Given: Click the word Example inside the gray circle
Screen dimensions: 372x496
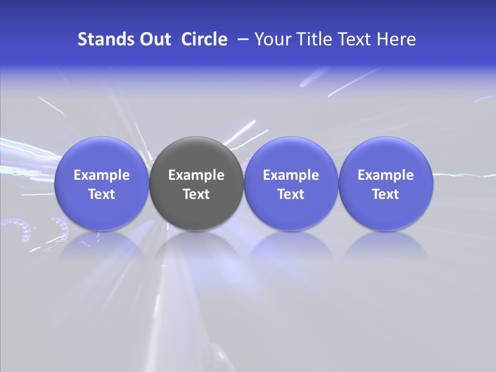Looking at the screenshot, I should click(x=196, y=175).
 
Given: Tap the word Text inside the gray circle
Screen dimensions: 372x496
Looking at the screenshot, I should click(x=196, y=194).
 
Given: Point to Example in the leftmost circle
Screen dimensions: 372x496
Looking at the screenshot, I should click(x=102, y=175).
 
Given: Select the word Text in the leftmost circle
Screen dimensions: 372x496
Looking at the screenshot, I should click(x=102, y=194).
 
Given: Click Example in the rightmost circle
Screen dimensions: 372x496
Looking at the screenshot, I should click(x=385, y=175).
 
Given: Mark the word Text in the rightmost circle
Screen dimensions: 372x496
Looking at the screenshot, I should click(x=385, y=194).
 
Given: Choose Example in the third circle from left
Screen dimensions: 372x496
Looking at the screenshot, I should click(x=291, y=175).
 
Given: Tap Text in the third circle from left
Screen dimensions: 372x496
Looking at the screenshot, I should click(x=291, y=194).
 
